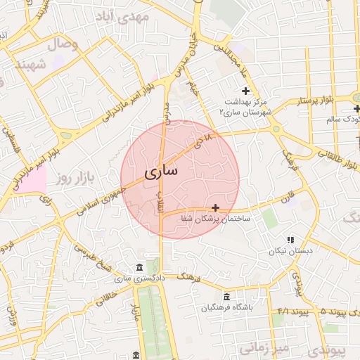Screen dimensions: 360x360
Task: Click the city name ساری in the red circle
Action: pos(162,171)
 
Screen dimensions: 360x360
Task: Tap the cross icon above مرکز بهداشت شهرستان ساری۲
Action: pos(245,90)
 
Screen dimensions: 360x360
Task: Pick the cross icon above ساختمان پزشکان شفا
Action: pos(215,207)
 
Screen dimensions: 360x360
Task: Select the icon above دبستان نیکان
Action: pos(290,240)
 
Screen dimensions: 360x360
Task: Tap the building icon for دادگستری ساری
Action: pos(139,268)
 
